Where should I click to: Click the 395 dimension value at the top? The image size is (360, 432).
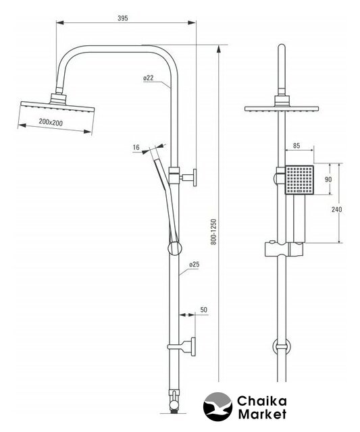(x=123, y=18)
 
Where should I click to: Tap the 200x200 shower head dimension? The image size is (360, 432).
(x=51, y=122)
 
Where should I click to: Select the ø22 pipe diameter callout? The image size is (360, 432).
(x=149, y=78)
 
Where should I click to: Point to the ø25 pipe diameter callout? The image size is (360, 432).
(x=194, y=265)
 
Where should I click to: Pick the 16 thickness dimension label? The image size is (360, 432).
(x=136, y=147)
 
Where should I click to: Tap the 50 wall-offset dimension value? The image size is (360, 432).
(x=203, y=310)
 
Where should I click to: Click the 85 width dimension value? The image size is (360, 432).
(x=297, y=146)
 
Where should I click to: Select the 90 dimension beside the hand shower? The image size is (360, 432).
(x=328, y=180)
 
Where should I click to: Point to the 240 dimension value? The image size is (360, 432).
(x=336, y=209)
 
